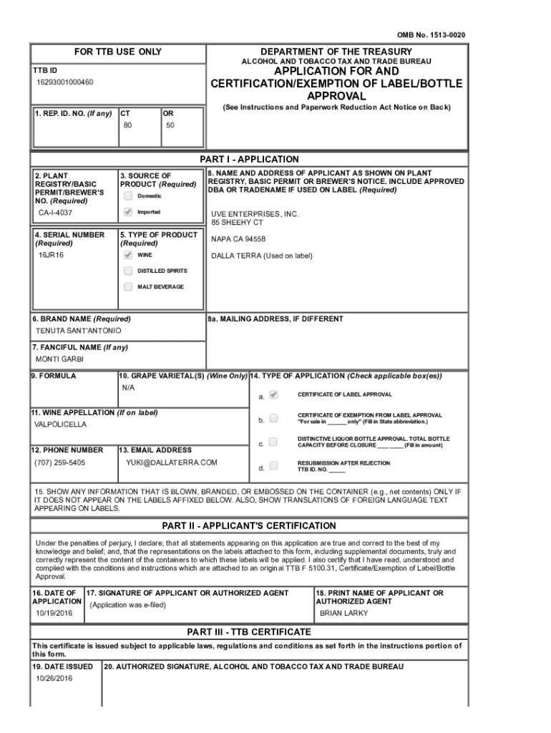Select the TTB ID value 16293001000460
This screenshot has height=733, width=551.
[x=65, y=82]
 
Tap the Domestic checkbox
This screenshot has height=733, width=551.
[x=127, y=195]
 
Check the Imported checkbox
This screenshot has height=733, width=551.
[x=127, y=212]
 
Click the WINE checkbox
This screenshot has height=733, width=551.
[x=127, y=255]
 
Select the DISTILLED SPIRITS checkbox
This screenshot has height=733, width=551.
[x=127, y=271]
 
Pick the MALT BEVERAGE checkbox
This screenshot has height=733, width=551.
[x=127, y=287]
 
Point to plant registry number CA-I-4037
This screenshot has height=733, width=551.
[x=55, y=213]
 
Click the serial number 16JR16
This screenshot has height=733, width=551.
[x=51, y=255]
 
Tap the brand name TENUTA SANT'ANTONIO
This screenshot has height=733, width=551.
[x=79, y=331]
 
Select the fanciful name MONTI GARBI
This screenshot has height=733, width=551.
[x=59, y=359]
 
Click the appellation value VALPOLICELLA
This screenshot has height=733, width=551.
[x=60, y=424]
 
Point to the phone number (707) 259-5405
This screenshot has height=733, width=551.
[x=59, y=462]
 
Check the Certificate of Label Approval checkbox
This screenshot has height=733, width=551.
[x=273, y=394]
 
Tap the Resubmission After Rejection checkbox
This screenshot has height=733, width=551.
[x=273, y=466]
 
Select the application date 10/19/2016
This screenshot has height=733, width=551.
[x=54, y=613]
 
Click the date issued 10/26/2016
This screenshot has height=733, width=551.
[x=54, y=678]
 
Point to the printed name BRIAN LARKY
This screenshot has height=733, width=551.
[x=344, y=613]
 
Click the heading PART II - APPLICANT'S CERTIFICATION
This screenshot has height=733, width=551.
[x=249, y=525]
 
